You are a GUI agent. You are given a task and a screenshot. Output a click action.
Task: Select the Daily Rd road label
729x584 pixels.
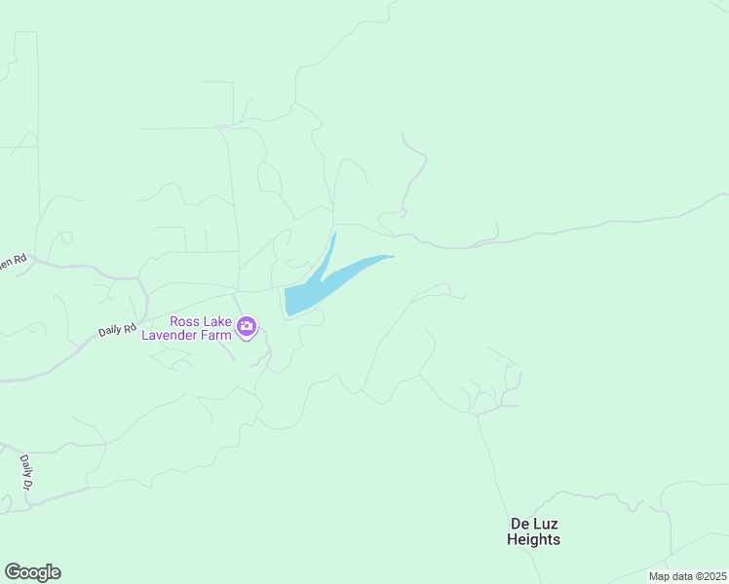[x=116, y=330]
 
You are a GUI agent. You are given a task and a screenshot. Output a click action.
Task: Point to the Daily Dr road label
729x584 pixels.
[x=26, y=471]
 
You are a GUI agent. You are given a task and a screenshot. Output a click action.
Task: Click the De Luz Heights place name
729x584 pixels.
[x=534, y=531]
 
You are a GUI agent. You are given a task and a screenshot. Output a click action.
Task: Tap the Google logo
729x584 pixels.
[x=32, y=572]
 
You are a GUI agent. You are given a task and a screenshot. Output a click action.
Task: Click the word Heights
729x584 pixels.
[x=534, y=539]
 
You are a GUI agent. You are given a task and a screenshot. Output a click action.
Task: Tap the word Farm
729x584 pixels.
[x=219, y=336]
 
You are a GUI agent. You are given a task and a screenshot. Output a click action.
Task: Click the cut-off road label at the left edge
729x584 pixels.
[x=13, y=262]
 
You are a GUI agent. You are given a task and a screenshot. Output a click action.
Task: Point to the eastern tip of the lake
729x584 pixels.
[x=391, y=257]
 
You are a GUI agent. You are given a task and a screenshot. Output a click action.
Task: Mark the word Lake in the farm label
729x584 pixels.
[x=215, y=321]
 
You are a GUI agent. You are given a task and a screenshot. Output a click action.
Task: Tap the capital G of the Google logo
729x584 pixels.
[x=13, y=572]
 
